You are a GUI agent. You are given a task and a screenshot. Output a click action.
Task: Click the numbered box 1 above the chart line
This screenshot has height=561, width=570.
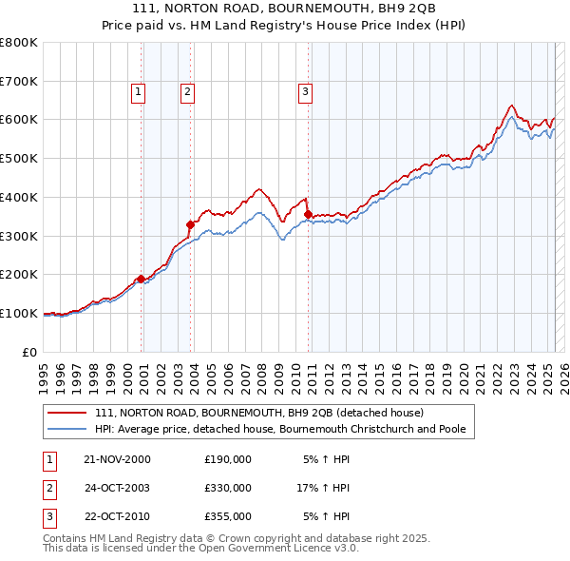point(139,92)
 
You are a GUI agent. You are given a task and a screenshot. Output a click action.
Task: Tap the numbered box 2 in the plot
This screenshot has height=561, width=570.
point(188,92)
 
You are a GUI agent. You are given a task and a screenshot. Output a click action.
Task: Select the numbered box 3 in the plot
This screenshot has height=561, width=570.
point(305,92)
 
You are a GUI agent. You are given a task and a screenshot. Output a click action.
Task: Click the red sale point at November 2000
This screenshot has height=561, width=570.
point(142,279)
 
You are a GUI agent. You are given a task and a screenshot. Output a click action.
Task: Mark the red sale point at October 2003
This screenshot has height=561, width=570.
point(190,224)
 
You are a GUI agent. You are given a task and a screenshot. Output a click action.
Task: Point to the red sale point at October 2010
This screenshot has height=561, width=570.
point(308,215)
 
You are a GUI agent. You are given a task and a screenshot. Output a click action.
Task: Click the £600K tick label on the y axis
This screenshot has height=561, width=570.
point(19,120)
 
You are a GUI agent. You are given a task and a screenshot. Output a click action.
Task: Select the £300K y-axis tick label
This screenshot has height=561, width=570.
point(19,236)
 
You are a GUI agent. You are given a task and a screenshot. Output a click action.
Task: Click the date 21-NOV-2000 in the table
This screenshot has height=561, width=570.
point(117,459)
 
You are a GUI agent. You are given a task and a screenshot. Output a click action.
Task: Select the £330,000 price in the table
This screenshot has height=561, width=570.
point(228,488)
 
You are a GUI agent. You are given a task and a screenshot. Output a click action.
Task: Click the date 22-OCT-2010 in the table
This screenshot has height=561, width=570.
point(117,516)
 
